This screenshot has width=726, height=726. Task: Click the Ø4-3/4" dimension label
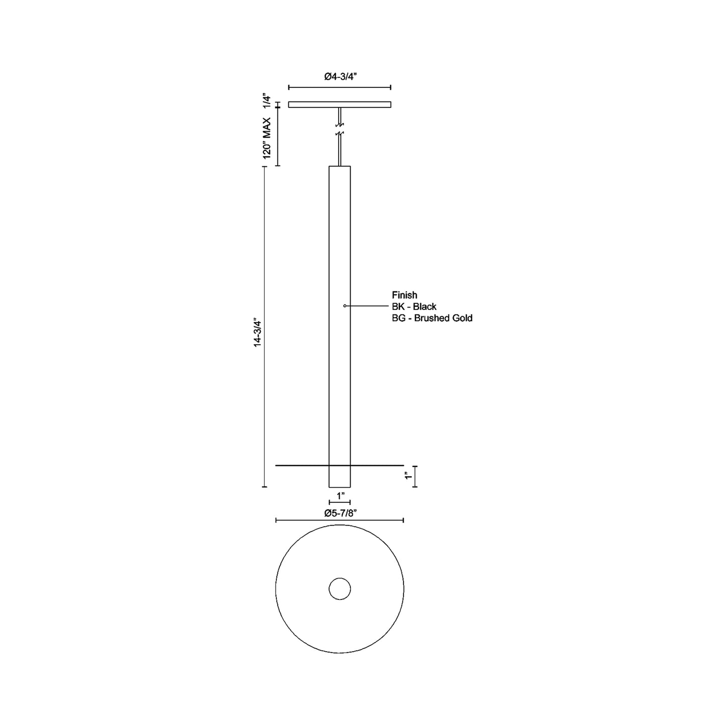coord(340,76)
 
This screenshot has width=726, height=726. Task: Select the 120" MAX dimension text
coord(267,138)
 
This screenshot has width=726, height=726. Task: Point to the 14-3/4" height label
coord(258,332)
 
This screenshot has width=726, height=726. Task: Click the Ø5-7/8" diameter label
coord(340,513)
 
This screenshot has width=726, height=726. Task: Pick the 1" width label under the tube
coord(340,496)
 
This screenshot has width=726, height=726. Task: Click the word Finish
coord(404,295)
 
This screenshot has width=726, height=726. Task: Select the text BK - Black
coord(414,306)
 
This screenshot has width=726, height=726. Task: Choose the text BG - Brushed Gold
coord(432,318)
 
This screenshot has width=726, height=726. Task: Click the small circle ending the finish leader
coord(345,305)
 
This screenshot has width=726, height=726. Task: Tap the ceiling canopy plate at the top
coord(340,105)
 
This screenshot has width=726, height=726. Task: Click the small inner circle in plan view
coord(340,588)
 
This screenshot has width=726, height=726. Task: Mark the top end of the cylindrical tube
coord(340,166)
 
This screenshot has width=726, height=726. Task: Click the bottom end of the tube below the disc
coord(340,486)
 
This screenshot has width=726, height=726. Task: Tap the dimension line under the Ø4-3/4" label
coord(340,87)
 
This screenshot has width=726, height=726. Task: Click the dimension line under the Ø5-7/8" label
coord(340,521)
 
